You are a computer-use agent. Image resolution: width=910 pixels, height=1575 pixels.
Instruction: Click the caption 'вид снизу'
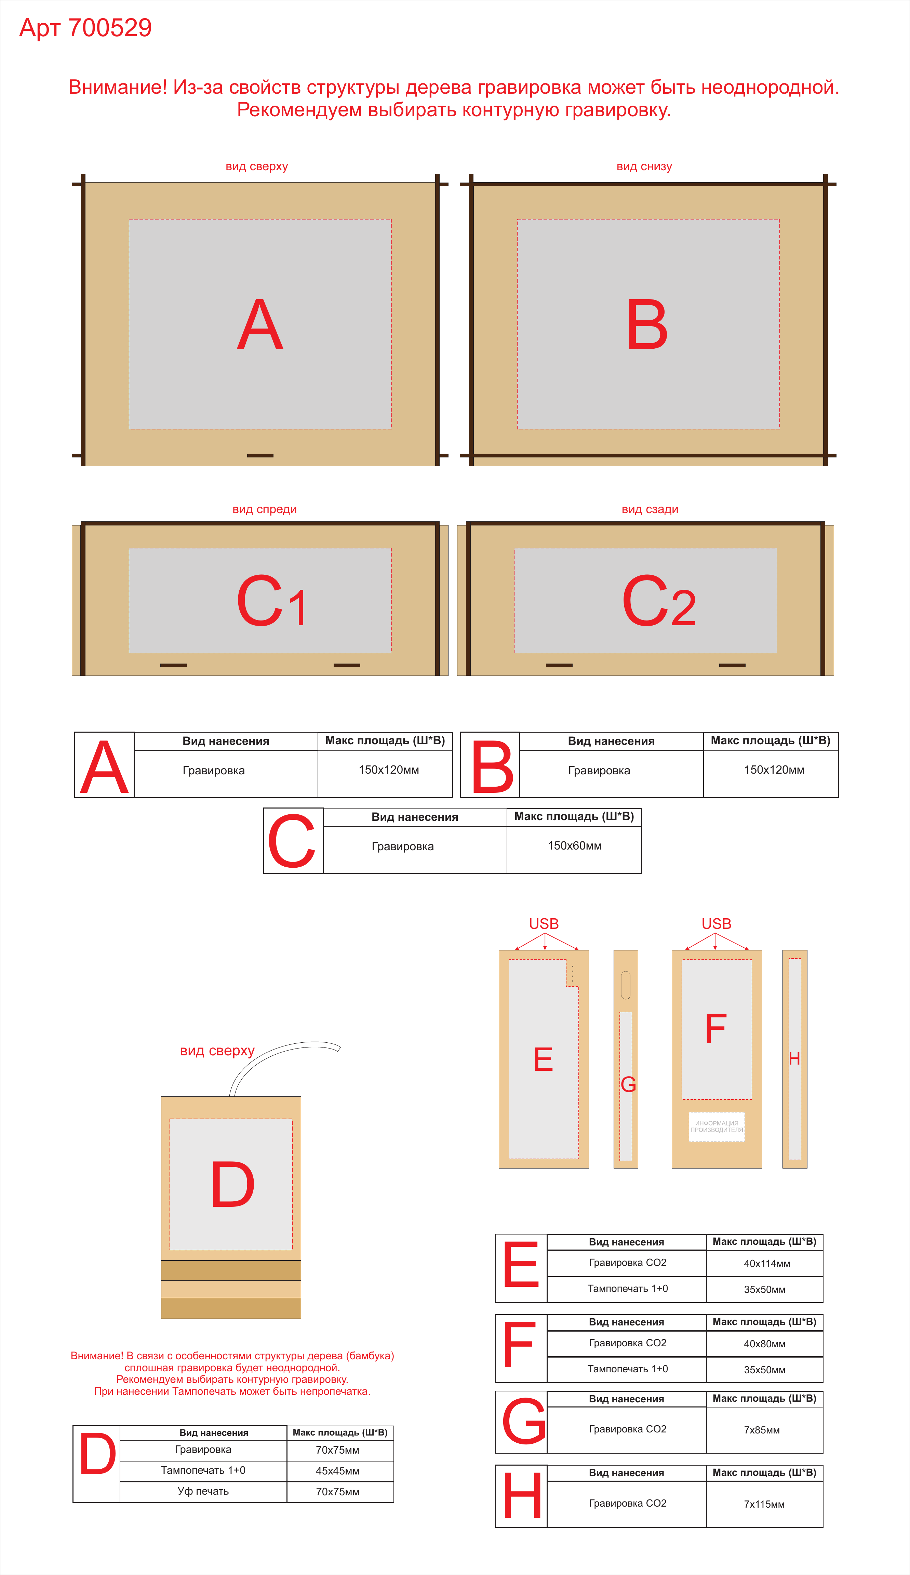[x=644, y=167]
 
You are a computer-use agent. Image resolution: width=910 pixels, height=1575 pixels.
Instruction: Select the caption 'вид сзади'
[x=650, y=509]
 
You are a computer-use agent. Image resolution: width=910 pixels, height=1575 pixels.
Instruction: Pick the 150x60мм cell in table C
[x=574, y=846]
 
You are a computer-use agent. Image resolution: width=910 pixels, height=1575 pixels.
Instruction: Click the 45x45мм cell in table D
[x=337, y=1471]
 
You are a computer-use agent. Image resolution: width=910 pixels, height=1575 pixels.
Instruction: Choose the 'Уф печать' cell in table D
[x=203, y=1491]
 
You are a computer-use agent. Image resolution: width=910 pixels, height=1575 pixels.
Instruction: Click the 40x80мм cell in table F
[x=764, y=1344]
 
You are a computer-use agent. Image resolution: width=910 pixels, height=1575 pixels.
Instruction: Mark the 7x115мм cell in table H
[x=764, y=1504]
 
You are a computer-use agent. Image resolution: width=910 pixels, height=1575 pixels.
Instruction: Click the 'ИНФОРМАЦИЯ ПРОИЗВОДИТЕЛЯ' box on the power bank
[x=717, y=1126]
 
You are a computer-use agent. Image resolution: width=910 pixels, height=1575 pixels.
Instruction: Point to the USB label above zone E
[x=544, y=924]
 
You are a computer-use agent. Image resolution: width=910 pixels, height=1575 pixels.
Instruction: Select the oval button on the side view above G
[x=626, y=985]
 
